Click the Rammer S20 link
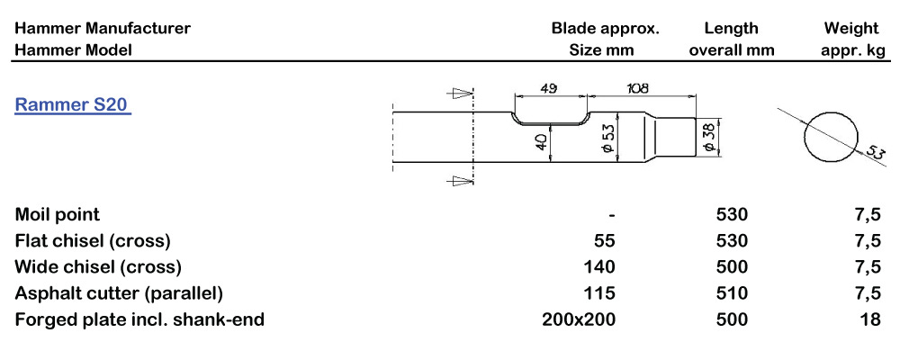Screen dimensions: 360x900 click(x=73, y=105)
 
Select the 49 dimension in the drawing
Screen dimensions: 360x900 click(x=549, y=88)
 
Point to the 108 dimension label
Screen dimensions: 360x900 click(x=638, y=88)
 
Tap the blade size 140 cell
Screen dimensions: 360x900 click(x=599, y=267)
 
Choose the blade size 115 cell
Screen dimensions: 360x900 click(x=600, y=293)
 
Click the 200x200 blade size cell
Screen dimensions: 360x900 click(x=578, y=319)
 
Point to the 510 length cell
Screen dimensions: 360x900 click(x=732, y=293)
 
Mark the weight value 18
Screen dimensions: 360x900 click(x=869, y=319)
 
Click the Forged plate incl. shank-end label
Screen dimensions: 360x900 click(x=139, y=319)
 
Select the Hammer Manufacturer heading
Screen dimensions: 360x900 click(x=103, y=28)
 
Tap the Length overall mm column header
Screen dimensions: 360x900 click(x=731, y=39)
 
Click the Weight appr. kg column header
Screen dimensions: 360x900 click(x=852, y=39)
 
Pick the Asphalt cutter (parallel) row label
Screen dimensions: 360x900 click(x=119, y=293)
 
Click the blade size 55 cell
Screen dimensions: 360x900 click(x=605, y=241)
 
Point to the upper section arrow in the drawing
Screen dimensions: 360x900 click(x=462, y=92)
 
